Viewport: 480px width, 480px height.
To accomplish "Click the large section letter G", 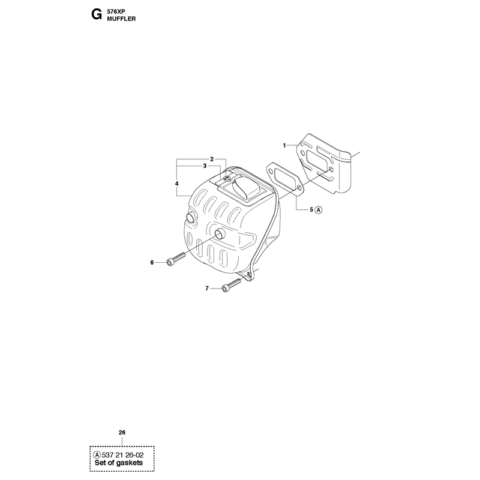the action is pos(97,14).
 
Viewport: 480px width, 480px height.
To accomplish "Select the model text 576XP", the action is pos(116,12).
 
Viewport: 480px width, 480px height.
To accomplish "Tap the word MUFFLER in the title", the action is pos(121,19).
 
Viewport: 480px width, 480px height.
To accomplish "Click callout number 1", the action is pos(284,145).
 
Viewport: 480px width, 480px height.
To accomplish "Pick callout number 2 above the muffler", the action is pos(212,159).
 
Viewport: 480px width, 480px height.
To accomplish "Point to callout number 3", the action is pos(205,166).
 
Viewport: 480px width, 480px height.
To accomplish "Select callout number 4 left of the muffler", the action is pos(176,184).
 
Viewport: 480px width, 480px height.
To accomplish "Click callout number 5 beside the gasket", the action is pos(311,209).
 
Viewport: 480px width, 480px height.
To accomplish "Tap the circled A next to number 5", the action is pos(319,209).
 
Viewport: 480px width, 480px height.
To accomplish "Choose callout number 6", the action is pos(152,263).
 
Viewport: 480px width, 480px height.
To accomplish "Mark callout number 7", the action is pos(207,289).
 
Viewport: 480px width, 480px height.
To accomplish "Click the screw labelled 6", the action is pos(176,259).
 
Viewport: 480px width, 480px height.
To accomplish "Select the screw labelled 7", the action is pos(232,284).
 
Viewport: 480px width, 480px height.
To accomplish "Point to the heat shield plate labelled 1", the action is pos(325,163).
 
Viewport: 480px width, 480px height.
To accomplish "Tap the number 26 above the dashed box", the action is pos(122,433).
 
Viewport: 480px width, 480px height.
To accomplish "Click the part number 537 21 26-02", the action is pos(122,455).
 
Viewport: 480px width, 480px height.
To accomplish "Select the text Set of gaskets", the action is pos(119,463).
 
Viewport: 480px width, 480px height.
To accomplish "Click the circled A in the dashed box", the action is pos(97,455).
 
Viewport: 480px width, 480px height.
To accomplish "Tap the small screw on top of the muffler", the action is pos(227,178).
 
